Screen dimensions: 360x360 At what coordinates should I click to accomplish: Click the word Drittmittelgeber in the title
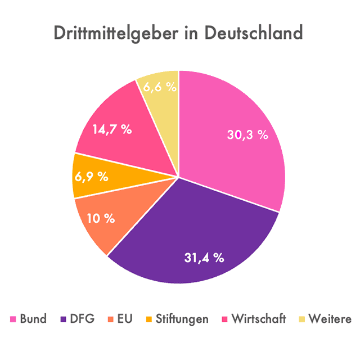click(112, 33)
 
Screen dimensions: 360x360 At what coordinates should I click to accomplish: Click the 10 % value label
click(101, 218)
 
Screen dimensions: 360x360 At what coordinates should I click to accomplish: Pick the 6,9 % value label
click(91, 176)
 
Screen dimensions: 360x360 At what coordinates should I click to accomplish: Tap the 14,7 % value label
click(112, 129)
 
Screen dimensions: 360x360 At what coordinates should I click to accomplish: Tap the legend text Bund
click(33, 319)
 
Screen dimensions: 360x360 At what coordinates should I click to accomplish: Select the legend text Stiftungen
click(182, 319)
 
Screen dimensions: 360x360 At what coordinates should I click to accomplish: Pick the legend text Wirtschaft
click(259, 319)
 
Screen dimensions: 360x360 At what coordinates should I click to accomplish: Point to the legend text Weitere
click(330, 319)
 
